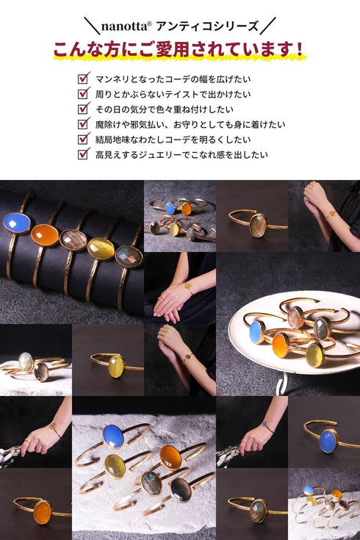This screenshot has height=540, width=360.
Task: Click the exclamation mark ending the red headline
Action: click(x=298, y=49)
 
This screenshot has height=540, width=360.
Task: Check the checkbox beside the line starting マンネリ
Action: click(x=84, y=78)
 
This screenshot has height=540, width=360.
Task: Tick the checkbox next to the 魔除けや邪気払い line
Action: click(x=84, y=124)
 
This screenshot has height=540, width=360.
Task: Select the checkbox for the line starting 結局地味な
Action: click(x=84, y=139)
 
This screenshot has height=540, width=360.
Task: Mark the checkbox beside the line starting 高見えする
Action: click(x=84, y=154)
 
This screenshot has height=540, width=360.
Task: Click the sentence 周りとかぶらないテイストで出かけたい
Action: click(x=173, y=94)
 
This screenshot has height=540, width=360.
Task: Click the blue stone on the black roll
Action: click(x=16, y=223)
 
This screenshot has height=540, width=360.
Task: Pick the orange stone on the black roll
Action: click(x=45, y=234)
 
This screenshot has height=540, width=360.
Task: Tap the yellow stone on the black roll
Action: click(x=101, y=248)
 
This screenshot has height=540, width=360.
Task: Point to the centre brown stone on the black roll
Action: click(x=73, y=240)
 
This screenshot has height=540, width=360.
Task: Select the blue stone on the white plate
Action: click(x=256, y=331)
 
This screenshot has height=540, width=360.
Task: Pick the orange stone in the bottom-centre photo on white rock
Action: click(x=170, y=456)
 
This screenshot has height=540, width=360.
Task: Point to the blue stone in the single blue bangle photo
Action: click(x=328, y=440)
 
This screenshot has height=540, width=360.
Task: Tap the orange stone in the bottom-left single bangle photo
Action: click(x=42, y=511)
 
